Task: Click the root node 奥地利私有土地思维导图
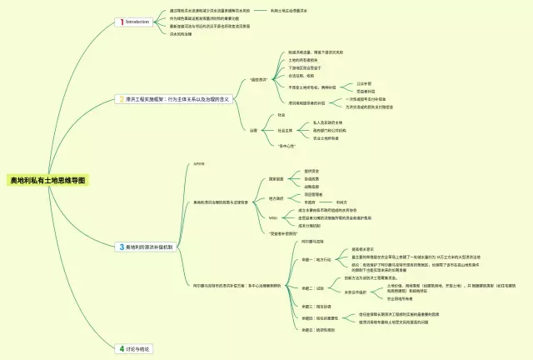click(x=47, y=180)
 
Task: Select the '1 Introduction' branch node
click(x=134, y=22)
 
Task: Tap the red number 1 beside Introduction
click(x=121, y=22)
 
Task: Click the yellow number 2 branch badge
click(x=121, y=98)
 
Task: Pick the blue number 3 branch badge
click(x=121, y=247)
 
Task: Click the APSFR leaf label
click(x=198, y=164)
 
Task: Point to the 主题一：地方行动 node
click(x=306, y=259)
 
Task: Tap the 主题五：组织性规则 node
click(x=307, y=330)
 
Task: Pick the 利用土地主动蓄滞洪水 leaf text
click(x=296, y=11)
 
